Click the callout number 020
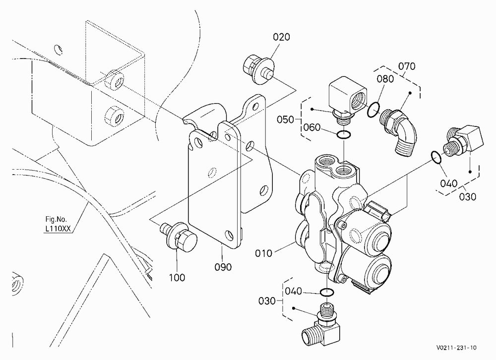281,37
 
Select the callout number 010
263,253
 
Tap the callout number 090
223,267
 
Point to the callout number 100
177,277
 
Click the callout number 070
407,66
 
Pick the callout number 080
385,79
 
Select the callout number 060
312,127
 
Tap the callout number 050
285,120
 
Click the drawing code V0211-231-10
456,348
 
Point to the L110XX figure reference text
58,229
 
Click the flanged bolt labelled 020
259,69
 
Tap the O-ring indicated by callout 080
373,110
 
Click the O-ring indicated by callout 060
344,135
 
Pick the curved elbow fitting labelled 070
399,131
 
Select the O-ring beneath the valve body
326,293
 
